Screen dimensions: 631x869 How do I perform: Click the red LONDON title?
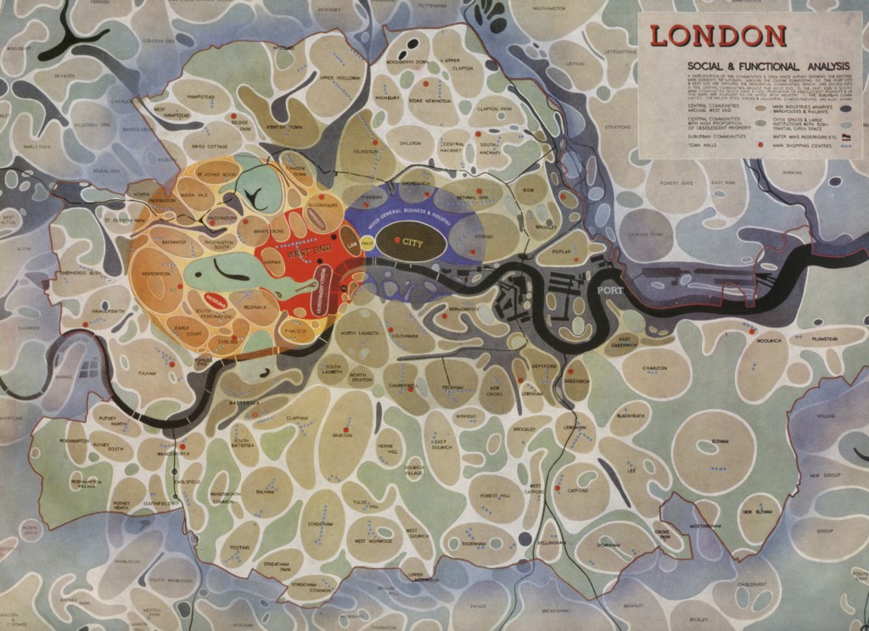[x=719, y=36]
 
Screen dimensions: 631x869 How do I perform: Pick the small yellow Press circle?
[x=367, y=244]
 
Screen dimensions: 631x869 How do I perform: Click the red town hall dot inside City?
[x=397, y=243]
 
